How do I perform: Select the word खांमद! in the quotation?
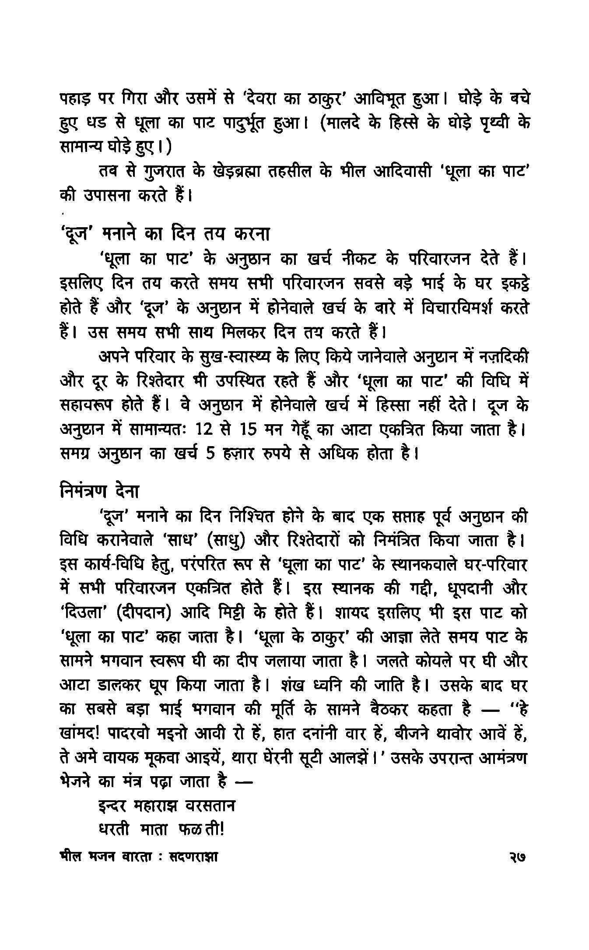tap(80, 735)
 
